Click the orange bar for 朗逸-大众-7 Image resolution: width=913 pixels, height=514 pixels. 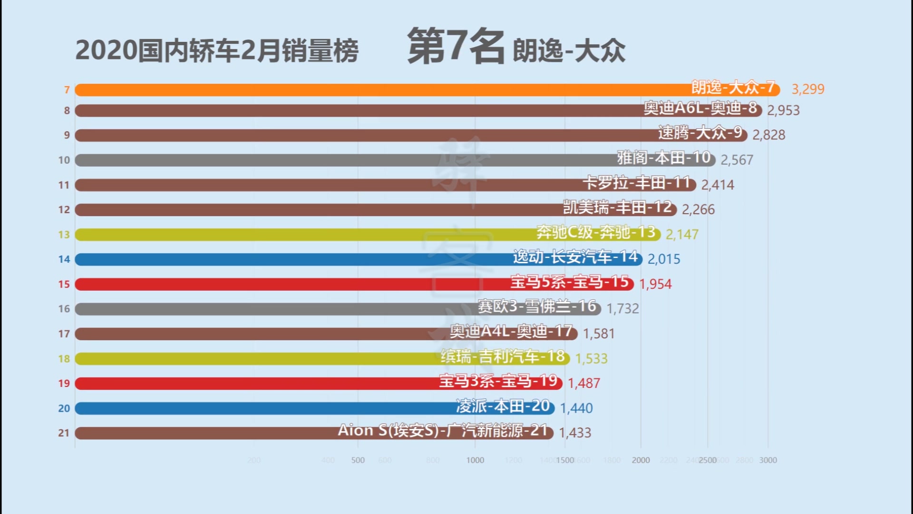[380, 90]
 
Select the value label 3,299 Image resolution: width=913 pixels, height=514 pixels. [807, 89]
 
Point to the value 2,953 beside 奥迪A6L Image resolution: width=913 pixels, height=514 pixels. [783, 110]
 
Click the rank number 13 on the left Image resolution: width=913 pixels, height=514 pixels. [64, 235]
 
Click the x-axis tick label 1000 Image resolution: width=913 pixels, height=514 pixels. [475, 460]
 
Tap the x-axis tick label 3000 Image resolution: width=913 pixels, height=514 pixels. [767, 460]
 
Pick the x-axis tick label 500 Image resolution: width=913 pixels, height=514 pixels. [358, 460]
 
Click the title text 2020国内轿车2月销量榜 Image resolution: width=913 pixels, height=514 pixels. [217, 51]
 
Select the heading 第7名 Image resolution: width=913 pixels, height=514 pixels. [455, 46]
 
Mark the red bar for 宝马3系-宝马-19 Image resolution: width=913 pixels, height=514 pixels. [257, 384]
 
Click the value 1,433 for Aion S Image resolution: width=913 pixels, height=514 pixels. [575, 433]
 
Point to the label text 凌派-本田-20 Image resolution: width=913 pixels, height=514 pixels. [503, 406]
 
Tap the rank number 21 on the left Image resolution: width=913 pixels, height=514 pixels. [64, 433]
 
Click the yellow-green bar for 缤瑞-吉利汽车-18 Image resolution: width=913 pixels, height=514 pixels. [257, 359]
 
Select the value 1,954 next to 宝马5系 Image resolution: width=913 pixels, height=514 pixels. [655, 284]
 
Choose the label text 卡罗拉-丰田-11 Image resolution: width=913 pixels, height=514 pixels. [636, 183]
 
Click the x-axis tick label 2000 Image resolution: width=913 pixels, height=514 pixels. [641, 460]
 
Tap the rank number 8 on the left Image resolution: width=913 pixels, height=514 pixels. [67, 111]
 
